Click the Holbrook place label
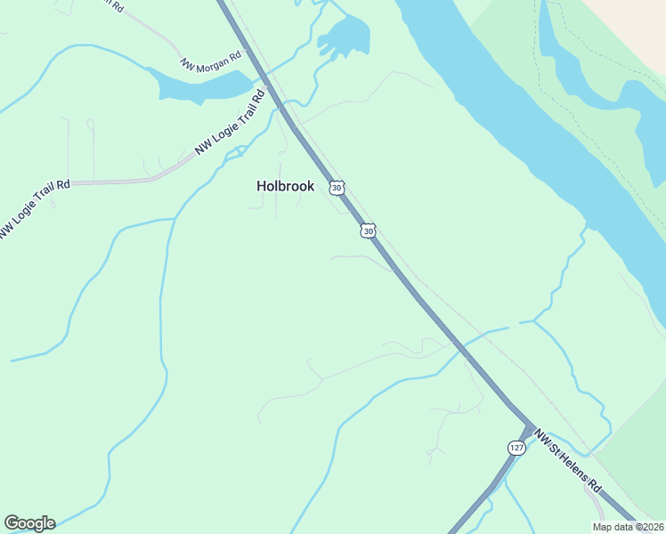point(285,187)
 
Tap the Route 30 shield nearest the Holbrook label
point(336,187)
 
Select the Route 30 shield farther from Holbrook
point(368,231)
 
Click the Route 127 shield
point(516,447)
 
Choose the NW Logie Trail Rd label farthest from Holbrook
point(34,210)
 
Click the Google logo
point(29,523)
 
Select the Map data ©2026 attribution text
point(628,526)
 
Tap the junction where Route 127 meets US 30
point(529,429)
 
